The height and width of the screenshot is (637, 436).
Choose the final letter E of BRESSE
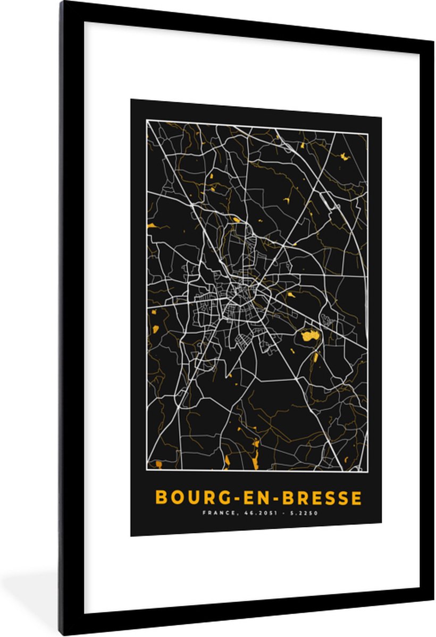pos(357,498)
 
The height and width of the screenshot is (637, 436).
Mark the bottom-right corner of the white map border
pos(367,471)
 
